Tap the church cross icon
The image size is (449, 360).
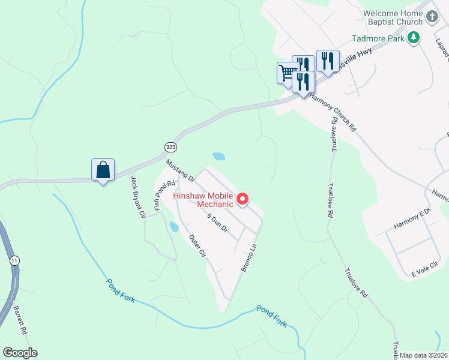[x=433, y=18]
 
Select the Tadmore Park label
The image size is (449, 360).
[x=378, y=39]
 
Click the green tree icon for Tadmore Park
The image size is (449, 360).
[x=413, y=39]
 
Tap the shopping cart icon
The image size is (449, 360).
[x=288, y=73]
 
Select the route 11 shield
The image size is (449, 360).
[x=13, y=260]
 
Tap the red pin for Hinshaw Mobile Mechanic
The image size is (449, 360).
[x=243, y=199]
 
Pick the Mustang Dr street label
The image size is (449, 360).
[x=180, y=171]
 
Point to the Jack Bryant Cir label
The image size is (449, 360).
[x=139, y=197]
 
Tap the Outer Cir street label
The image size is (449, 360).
[x=197, y=246]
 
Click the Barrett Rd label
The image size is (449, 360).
[x=20, y=322]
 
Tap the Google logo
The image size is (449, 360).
[x=20, y=353]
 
